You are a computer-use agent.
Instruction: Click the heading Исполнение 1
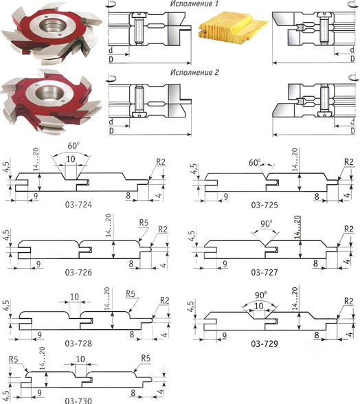[194, 3]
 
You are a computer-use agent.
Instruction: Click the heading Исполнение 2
[194, 72]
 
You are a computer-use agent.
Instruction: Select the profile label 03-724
[78, 205]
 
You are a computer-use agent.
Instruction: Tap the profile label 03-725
[265, 205]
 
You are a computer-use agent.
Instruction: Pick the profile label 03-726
[78, 272]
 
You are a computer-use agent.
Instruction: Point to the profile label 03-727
[265, 272]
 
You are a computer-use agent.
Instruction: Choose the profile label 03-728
[78, 344]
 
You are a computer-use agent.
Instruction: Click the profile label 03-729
[265, 344]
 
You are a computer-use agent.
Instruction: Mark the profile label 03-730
[78, 401]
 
